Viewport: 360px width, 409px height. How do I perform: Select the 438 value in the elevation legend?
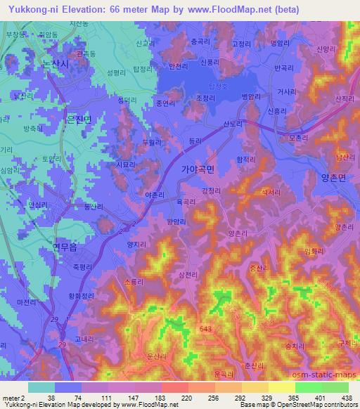click(347, 396)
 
